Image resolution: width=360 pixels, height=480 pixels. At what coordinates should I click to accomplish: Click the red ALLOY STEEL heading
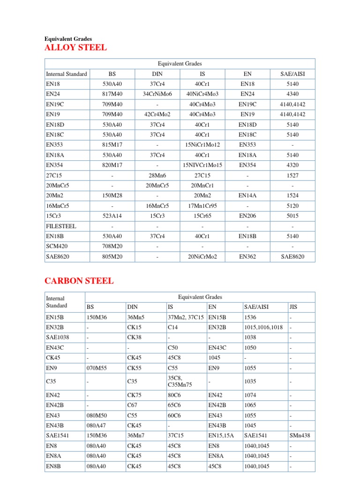pyautogui.click(x=75, y=47)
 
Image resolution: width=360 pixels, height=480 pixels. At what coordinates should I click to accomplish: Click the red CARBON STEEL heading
pyautogui.click(x=79, y=281)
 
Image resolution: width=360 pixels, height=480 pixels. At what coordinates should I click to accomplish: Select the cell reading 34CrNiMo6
pyautogui.click(x=157, y=94)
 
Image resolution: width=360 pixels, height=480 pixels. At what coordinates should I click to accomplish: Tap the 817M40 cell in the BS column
pyautogui.click(x=112, y=94)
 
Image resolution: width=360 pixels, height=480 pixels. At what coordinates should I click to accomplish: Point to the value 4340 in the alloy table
pyautogui.click(x=292, y=94)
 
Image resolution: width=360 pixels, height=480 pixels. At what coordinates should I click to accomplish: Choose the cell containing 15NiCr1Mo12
pyautogui.click(x=202, y=144)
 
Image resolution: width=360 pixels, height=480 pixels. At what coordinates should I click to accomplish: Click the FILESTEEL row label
pyautogui.click(x=61, y=226)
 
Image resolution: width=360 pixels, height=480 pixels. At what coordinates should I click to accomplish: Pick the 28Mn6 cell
pyautogui.click(x=157, y=175)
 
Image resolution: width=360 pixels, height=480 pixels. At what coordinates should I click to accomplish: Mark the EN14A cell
pyautogui.click(x=247, y=195)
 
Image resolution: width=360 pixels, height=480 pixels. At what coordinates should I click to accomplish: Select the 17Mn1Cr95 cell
pyautogui.click(x=202, y=206)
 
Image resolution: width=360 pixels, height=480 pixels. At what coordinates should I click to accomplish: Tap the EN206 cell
pyautogui.click(x=247, y=216)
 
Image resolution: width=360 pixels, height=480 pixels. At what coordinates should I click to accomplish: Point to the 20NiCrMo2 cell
pyautogui.click(x=202, y=257)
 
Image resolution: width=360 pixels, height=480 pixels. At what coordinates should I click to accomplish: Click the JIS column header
pyautogui.click(x=293, y=307)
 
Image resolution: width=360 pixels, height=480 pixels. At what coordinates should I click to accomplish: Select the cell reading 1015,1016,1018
pyautogui.click(x=263, y=327)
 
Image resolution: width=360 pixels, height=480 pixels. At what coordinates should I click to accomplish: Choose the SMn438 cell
pyautogui.click(x=300, y=435)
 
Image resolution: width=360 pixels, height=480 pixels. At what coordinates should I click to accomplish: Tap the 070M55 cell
pyautogui.click(x=97, y=368)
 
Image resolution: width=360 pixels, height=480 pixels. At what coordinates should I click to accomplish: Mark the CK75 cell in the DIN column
pyautogui.click(x=134, y=395)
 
